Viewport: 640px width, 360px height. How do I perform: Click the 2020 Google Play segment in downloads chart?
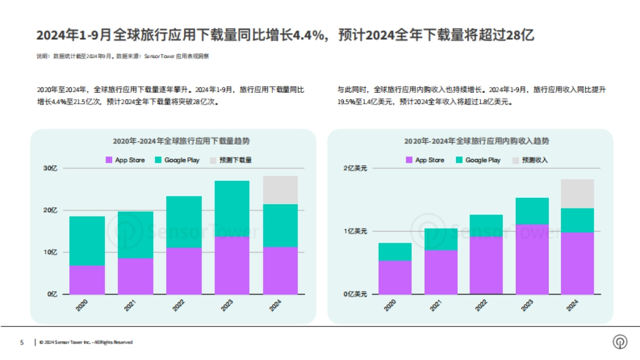pos(87,241)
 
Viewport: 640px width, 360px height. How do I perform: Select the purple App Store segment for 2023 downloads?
pos(232,265)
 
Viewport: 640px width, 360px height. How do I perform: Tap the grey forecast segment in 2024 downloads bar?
pos(281,190)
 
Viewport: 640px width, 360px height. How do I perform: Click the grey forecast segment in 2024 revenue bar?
pos(577,194)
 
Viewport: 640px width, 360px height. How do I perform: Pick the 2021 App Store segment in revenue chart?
pos(441,272)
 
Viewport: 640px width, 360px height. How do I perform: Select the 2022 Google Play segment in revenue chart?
pos(486,226)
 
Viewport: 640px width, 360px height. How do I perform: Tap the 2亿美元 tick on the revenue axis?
pos(355,168)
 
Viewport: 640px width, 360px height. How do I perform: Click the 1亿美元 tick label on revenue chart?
pos(355,231)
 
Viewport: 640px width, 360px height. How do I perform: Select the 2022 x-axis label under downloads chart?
pos(179,306)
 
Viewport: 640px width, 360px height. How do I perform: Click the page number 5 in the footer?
pos(22,342)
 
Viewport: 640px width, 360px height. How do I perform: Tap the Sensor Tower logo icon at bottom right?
pos(620,342)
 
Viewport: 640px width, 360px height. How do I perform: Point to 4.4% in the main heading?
pos(313,36)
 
